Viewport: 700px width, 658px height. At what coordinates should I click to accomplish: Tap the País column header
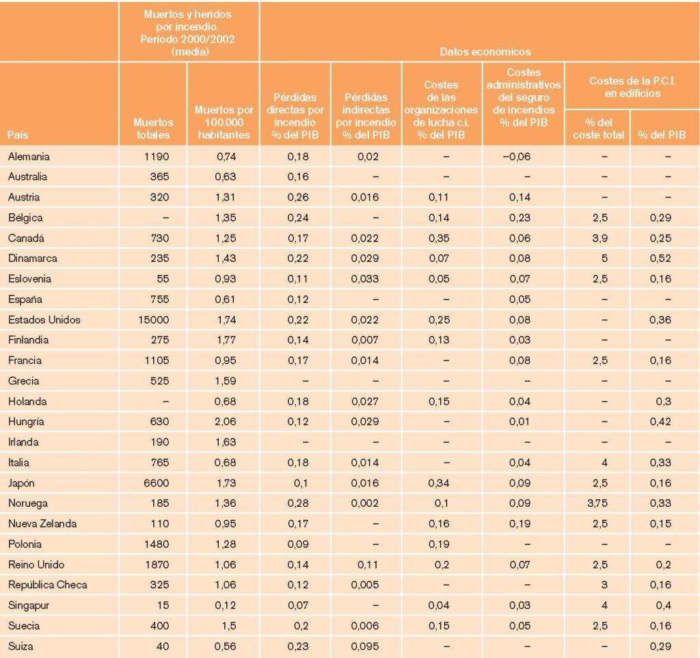tap(18, 135)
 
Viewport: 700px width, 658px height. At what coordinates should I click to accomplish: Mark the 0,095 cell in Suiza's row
tap(365, 646)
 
